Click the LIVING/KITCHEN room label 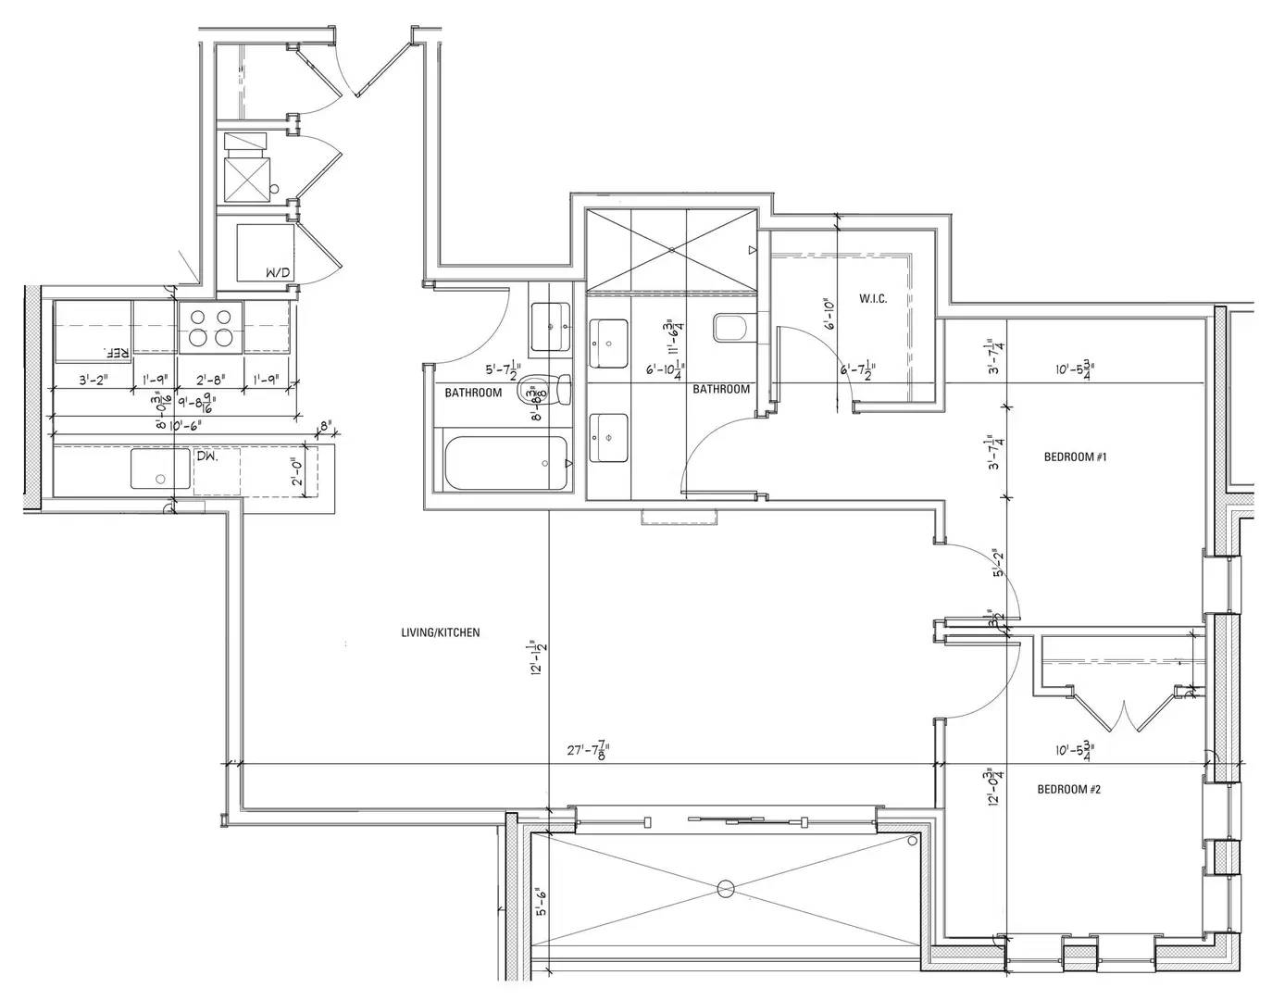(x=440, y=633)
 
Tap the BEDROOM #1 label (x=1075, y=457)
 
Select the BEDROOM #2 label (x=1067, y=790)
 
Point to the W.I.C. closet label (x=872, y=299)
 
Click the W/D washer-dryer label (x=277, y=273)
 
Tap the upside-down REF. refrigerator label (x=116, y=353)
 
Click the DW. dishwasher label (x=206, y=456)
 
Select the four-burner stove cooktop (x=210, y=327)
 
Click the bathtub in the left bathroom (x=505, y=464)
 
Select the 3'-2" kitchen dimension (x=94, y=379)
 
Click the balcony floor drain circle (x=727, y=889)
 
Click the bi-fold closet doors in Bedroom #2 (x=1122, y=713)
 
